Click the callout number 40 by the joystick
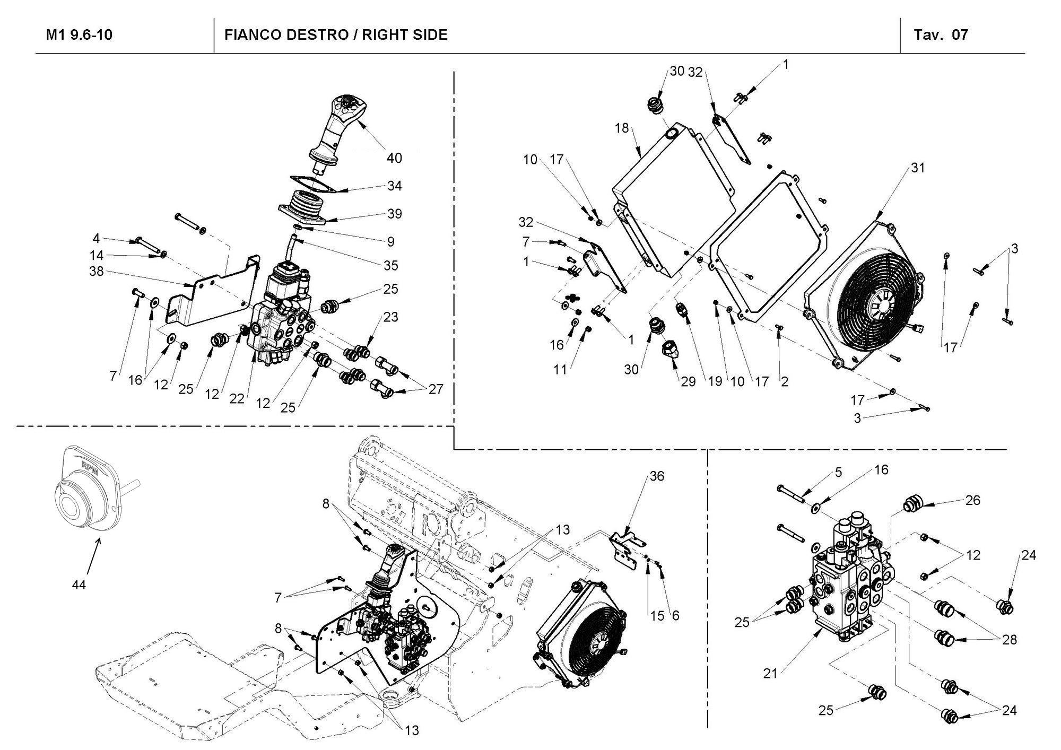(394, 158)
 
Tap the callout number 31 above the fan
(918, 168)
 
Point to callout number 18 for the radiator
(622, 128)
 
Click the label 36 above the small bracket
(656, 476)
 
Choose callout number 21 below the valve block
(770, 674)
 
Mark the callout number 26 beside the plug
(972, 500)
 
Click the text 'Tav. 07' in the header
(941, 35)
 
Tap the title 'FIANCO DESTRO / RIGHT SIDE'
(336, 35)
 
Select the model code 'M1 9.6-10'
(80, 35)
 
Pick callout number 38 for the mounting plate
(97, 272)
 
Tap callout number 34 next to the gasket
(394, 186)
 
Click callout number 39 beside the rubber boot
(394, 214)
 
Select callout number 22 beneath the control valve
(237, 399)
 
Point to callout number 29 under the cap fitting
(688, 382)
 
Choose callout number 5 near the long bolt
(838, 472)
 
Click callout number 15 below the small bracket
(657, 615)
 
